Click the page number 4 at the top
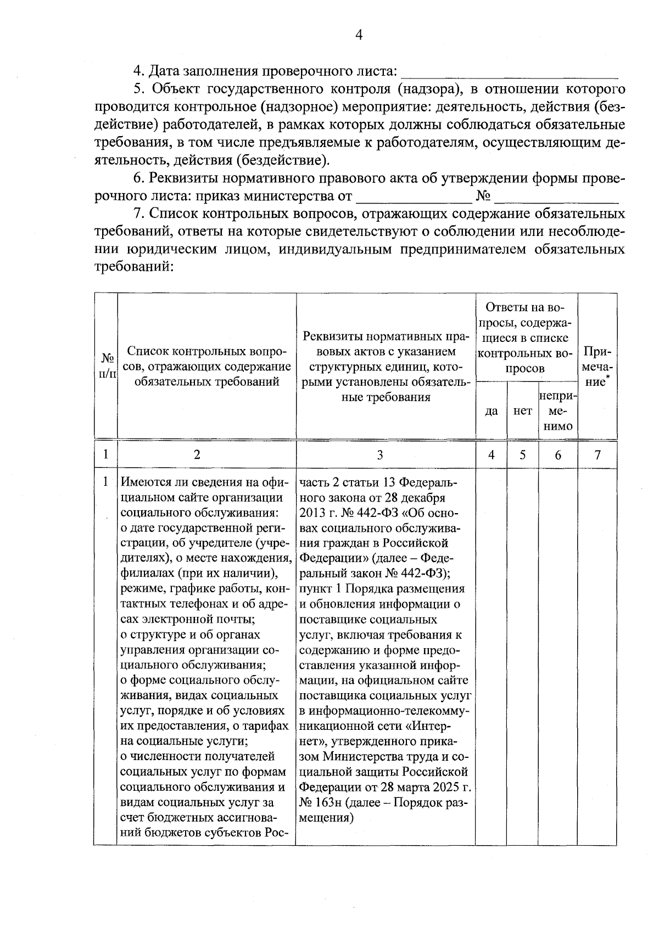[359, 35]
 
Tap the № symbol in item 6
[483, 196]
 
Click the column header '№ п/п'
[106, 365]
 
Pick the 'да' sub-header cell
[492, 410]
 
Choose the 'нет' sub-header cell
[522, 410]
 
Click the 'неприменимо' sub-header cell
[557, 410]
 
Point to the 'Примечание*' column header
[597, 366]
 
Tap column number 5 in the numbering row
[522, 454]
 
